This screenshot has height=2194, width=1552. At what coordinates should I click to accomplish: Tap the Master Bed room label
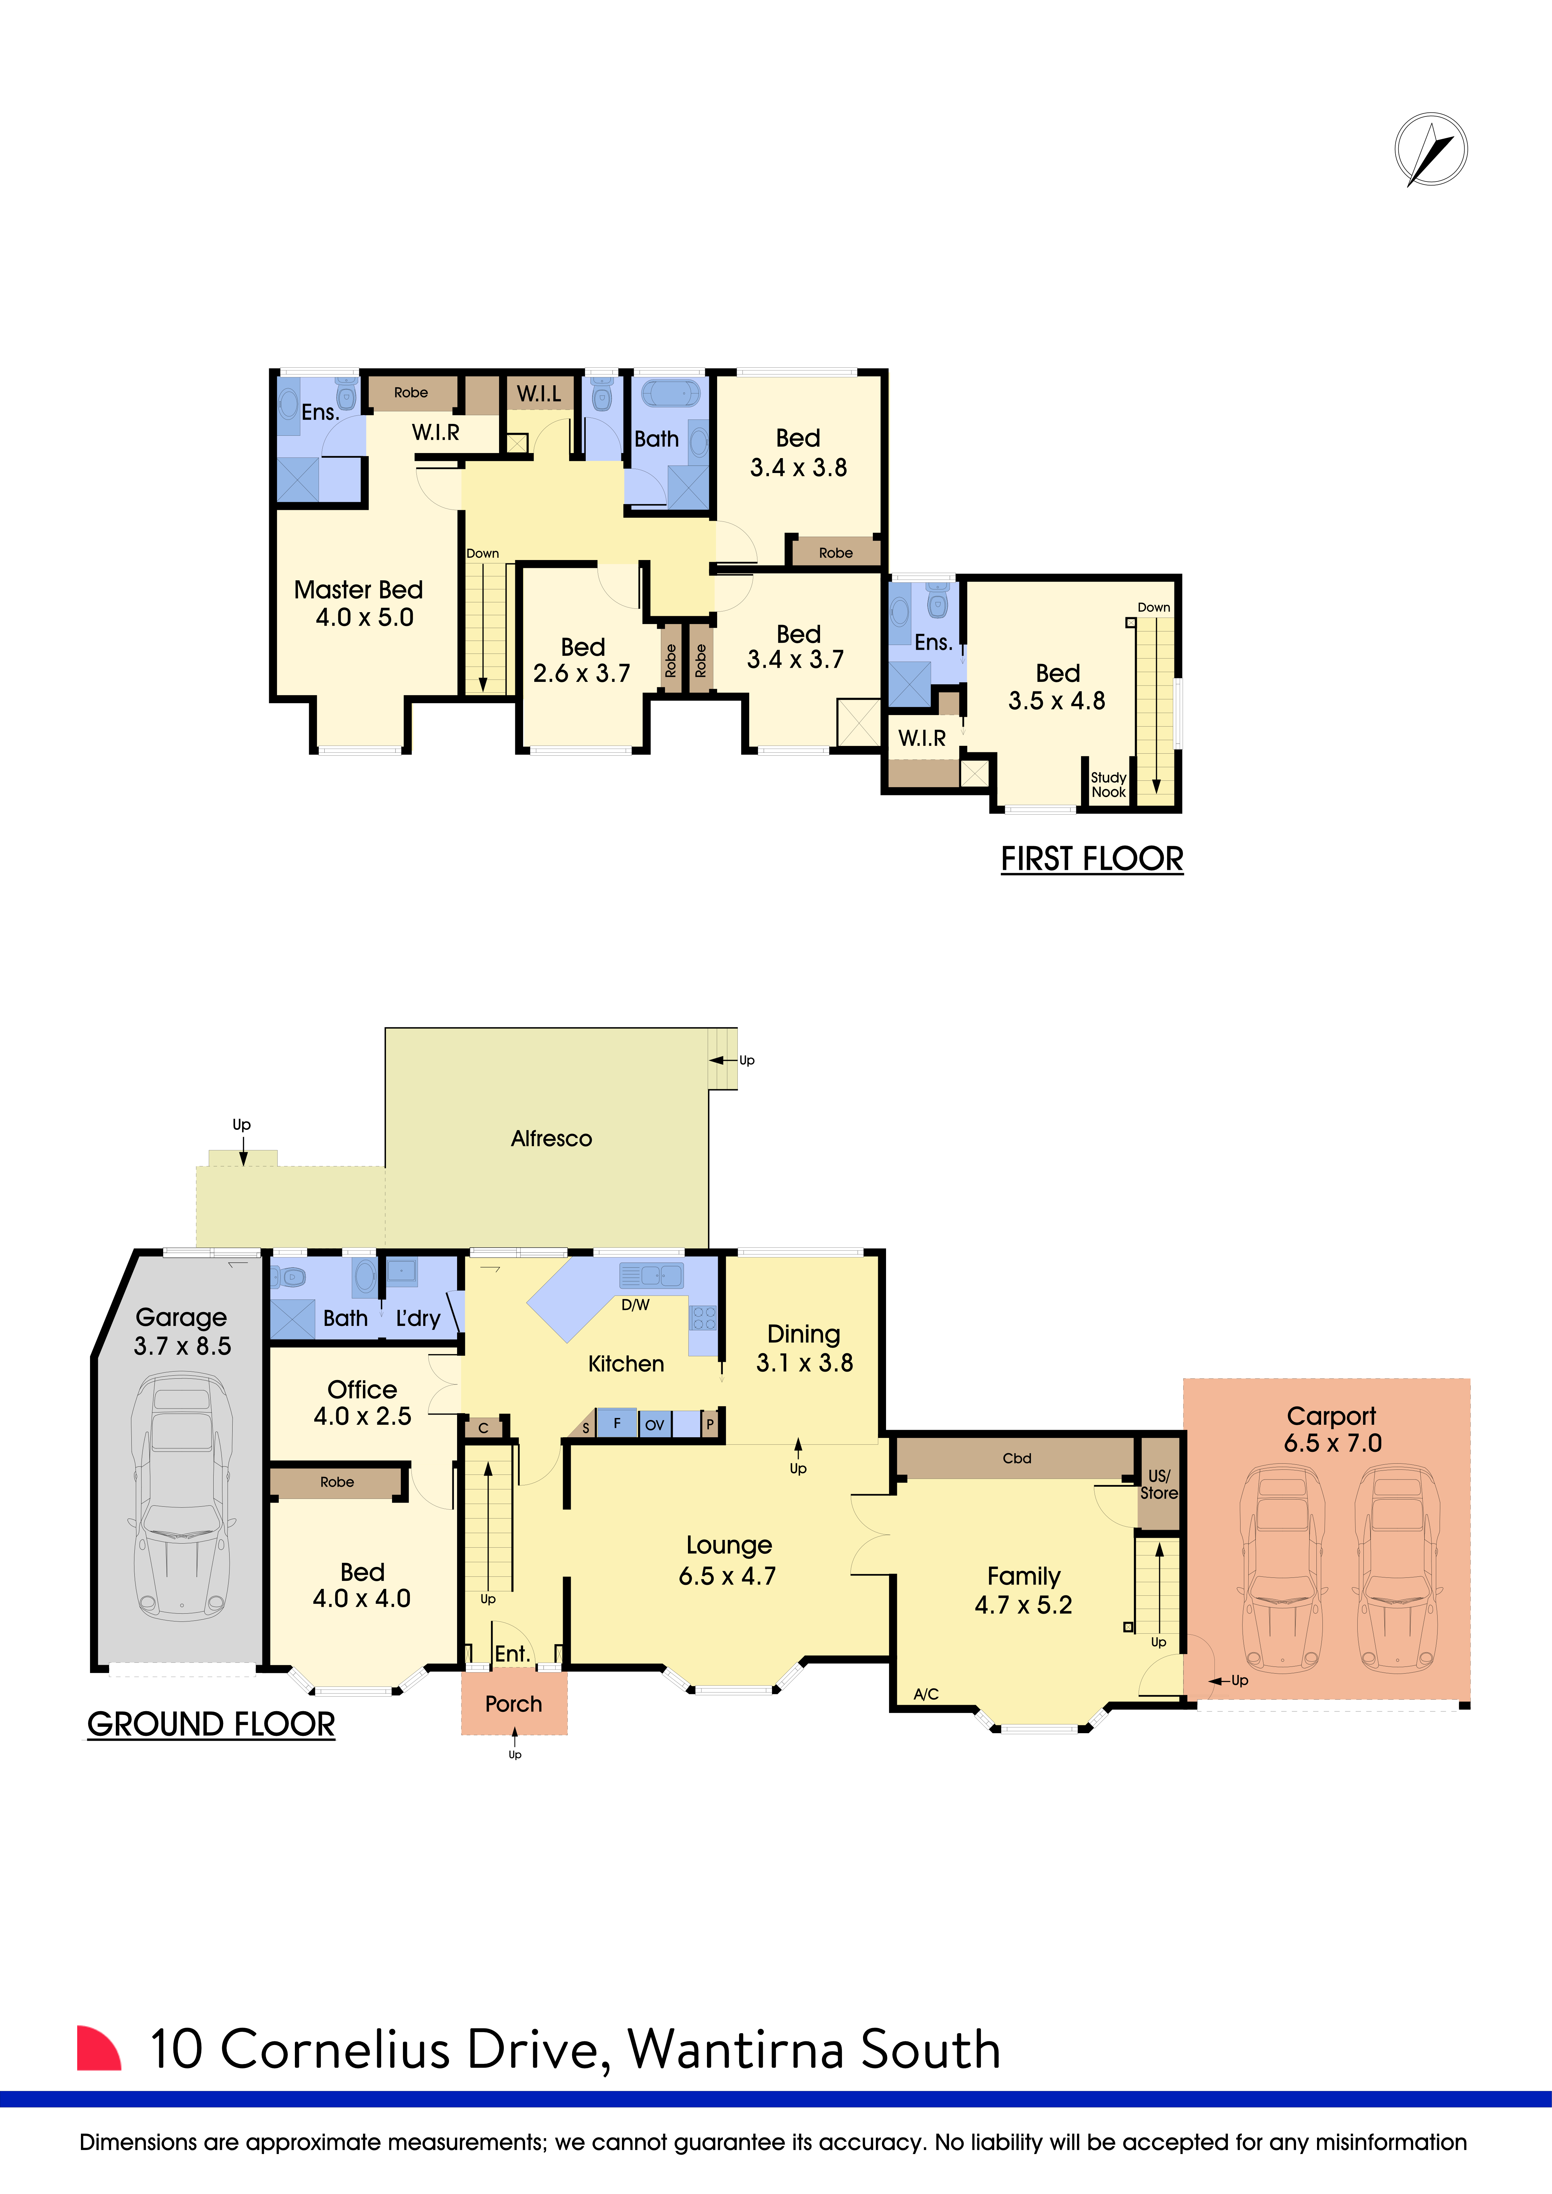point(358,589)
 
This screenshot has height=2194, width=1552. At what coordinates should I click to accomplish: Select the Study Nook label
point(1108,784)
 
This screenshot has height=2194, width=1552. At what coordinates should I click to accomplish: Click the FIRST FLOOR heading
point(1092,859)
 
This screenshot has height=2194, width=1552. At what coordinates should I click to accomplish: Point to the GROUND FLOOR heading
point(211,1725)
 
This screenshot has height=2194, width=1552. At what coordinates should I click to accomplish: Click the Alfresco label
point(552,1138)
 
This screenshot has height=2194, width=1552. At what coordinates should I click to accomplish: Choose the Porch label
point(513,1704)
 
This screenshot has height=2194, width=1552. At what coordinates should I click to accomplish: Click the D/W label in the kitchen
point(635,1305)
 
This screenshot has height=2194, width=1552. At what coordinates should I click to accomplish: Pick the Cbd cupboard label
point(1017,1458)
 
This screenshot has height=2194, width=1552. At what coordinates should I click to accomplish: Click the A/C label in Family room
point(926,1694)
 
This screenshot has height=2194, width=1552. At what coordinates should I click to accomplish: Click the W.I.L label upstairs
point(539,394)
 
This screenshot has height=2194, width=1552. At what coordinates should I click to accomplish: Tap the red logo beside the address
point(100,2049)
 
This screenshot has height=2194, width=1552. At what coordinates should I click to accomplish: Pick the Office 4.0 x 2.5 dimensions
point(362,1416)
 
